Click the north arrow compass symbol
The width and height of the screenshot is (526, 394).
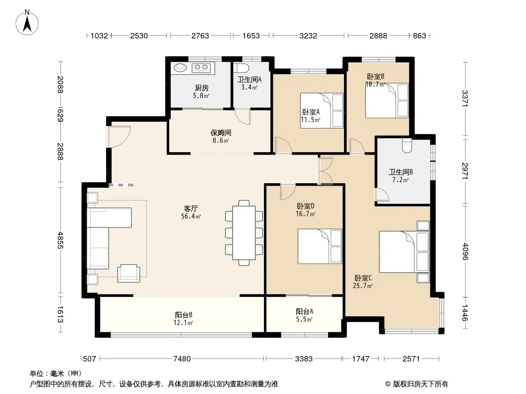[x=27, y=22]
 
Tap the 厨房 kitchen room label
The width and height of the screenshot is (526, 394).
[x=202, y=88]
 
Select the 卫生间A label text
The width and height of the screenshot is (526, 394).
[x=249, y=80]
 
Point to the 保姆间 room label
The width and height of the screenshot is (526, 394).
[x=221, y=133]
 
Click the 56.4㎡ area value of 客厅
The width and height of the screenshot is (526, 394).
[x=191, y=217]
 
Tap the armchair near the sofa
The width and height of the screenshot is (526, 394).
[x=128, y=273]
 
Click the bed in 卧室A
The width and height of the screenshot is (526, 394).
[x=322, y=110]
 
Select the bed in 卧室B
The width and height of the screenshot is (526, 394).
[x=387, y=100]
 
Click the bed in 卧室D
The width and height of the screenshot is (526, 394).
[x=320, y=246]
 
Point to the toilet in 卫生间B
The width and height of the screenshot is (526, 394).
[x=407, y=145]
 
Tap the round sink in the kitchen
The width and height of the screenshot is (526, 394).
[x=180, y=67]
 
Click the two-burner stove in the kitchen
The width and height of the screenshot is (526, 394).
[x=201, y=68]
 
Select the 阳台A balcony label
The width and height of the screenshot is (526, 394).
[x=304, y=312]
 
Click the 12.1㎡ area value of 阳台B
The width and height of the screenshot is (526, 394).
[x=183, y=323]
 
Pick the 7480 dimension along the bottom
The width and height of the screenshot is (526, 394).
[x=182, y=359]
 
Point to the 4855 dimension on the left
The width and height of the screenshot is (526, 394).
[x=60, y=240]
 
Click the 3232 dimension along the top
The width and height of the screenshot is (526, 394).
[x=308, y=35]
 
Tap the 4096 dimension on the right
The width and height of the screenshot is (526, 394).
[x=465, y=251]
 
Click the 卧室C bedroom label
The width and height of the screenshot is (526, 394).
[x=363, y=278]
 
